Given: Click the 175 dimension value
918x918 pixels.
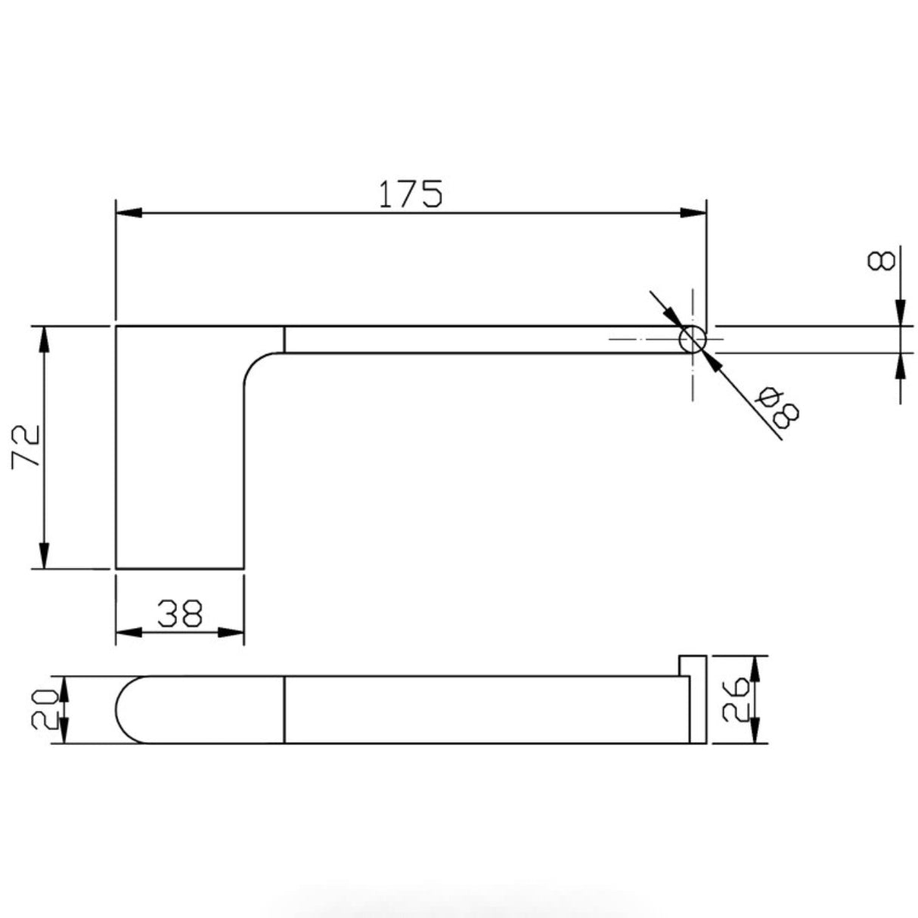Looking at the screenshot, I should pyautogui.click(x=411, y=194).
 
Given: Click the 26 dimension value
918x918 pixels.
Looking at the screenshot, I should pyautogui.click(x=734, y=699).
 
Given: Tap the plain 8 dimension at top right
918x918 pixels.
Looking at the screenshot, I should pyautogui.click(x=882, y=262).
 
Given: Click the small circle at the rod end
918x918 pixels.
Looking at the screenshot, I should pyautogui.click(x=692, y=340).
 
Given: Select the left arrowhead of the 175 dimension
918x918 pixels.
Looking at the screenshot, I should pyautogui.click(x=129, y=214).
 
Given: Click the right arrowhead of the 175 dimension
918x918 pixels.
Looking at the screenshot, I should pyautogui.click(x=693, y=214).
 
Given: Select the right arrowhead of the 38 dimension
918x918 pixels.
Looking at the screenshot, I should pyautogui.click(x=231, y=632).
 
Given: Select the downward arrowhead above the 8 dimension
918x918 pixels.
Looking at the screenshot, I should pyautogui.click(x=900, y=313).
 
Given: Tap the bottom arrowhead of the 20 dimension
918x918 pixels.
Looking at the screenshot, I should pyautogui.click(x=65, y=732).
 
